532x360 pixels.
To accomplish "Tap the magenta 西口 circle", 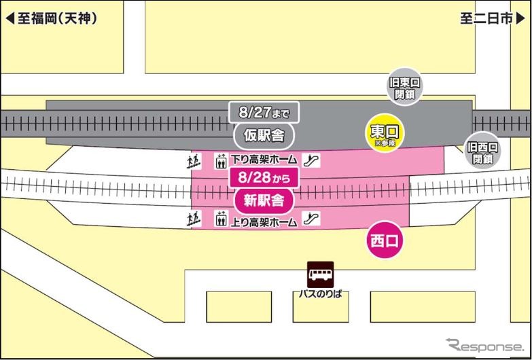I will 385,240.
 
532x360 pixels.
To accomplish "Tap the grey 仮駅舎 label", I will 264,136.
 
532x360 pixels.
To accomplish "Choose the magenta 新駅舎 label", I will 264,200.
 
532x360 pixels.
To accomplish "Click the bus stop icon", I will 320,274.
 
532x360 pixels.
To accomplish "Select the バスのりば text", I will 320,294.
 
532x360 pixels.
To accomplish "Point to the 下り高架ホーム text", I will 264,161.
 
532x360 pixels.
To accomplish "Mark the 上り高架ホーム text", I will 264,221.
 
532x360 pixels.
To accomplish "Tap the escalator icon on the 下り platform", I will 313,161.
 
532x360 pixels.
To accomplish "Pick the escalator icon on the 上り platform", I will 313,220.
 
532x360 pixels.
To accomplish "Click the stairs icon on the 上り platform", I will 193,220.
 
